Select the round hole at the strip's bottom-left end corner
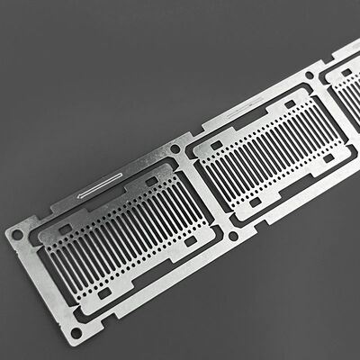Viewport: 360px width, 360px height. [76, 333]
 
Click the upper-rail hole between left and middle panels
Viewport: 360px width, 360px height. [175, 148]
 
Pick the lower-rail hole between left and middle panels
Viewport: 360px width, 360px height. [234, 236]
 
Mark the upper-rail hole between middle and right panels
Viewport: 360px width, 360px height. [310, 76]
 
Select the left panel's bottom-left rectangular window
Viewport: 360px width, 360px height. [104, 292]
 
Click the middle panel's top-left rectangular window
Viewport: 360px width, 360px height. [215, 144]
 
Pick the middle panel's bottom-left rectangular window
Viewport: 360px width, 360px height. [255, 202]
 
